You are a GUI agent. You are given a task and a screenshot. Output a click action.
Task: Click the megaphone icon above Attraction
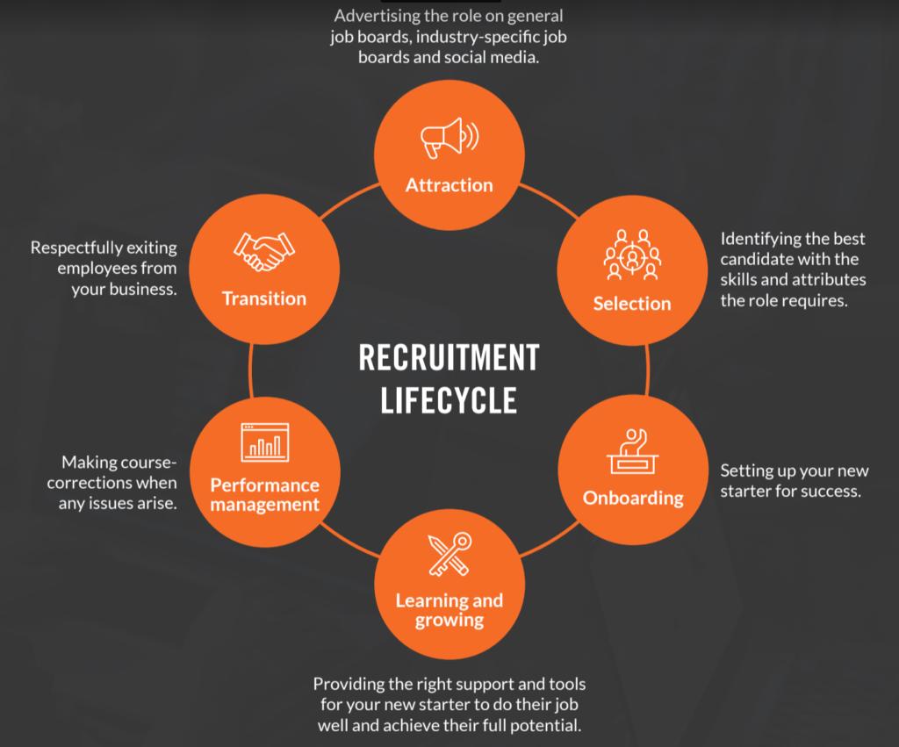449,139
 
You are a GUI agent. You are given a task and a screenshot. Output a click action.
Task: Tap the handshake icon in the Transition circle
263,252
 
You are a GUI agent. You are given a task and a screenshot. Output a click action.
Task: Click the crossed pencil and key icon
449,555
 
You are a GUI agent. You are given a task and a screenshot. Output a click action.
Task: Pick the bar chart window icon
264,442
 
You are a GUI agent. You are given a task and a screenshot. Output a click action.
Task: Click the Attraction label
449,185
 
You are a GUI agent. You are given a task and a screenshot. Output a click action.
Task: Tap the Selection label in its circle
632,304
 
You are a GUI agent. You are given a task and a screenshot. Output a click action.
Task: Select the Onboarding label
633,498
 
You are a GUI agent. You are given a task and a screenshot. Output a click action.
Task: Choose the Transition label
264,298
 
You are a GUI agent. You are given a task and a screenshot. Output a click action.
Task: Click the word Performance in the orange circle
264,485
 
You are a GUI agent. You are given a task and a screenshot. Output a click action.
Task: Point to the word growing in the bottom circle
449,620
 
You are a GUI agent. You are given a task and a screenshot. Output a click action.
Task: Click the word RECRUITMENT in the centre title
449,358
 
